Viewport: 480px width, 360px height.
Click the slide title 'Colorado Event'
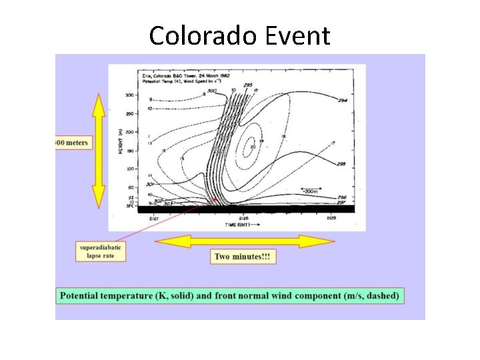pos(239,35)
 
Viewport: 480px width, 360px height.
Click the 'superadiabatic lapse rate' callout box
pos(101,252)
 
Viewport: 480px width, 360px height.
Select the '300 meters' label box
pos(73,143)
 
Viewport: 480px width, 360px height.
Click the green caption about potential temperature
pos(230,296)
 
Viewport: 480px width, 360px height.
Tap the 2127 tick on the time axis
pos(154,218)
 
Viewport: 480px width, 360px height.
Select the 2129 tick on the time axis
pos(331,218)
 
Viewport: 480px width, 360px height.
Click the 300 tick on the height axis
pos(129,95)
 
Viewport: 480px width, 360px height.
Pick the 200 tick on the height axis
pos(129,132)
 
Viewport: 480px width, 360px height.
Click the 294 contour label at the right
pos(341,100)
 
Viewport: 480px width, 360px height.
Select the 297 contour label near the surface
pos(341,202)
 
